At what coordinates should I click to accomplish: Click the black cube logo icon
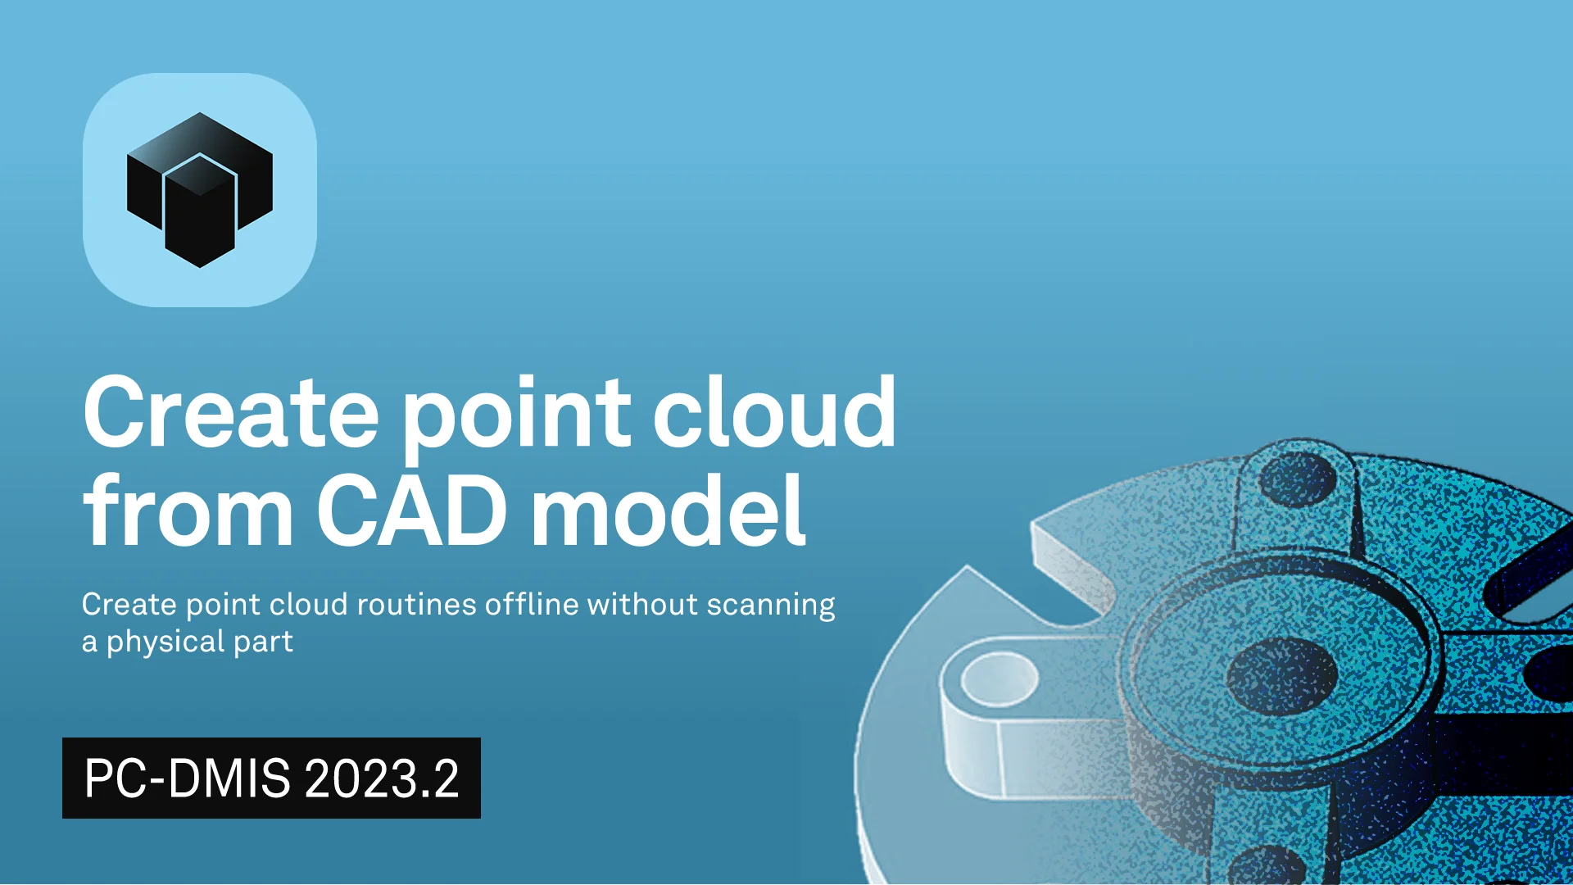[199, 190]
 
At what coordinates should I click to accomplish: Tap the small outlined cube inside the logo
[200, 210]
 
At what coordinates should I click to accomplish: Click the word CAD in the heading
[411, 510]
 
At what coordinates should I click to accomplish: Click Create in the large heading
[230, 411]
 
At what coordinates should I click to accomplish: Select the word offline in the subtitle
[532, 604]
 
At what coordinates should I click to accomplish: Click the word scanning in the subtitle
[771, 606]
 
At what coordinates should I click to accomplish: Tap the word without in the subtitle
[642, 604]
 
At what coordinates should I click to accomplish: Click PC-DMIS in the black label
[187, 778]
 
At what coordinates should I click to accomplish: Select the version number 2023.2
[381, 778]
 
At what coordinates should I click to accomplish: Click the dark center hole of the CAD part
[1282, 677]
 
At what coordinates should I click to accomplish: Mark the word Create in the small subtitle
[129, 604]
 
